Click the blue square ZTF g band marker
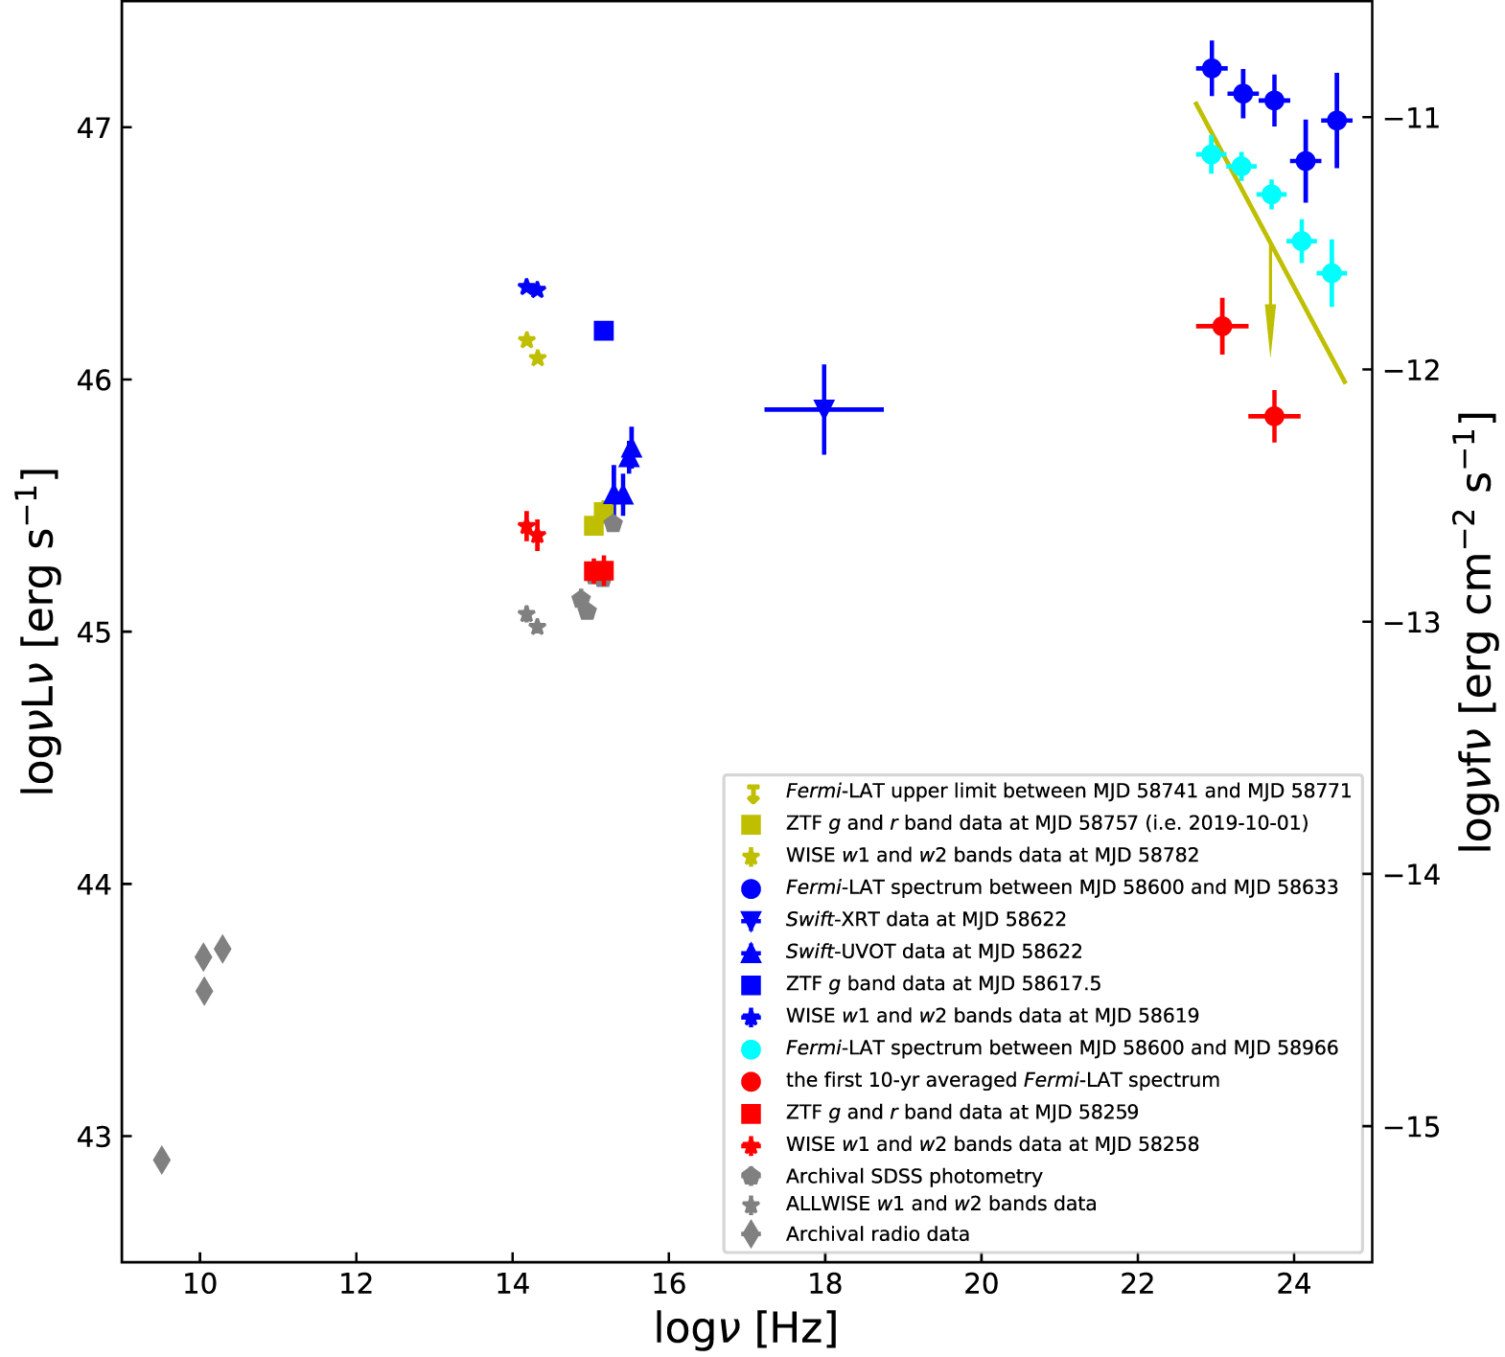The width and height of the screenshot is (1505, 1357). (x=603, y=331)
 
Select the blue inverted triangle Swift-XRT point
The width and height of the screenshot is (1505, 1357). (x=823, y=409)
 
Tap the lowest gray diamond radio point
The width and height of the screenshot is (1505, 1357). (x=162, y=1160)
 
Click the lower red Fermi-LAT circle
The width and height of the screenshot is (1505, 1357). (x=1274, y=416)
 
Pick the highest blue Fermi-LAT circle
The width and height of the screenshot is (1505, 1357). (x=1212, y=68)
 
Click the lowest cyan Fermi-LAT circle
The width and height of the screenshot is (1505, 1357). (x=1331, y=274)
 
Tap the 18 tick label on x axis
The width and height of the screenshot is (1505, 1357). (x=824, y=1284)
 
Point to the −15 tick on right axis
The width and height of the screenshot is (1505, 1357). (x=1409, y=1127)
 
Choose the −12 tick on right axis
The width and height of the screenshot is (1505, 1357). (x=1409, y=370)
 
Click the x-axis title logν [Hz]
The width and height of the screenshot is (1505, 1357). (x=746, y=1328)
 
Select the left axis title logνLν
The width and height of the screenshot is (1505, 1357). (x=38, y=632)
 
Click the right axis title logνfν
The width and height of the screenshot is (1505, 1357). (x=1477, y=632)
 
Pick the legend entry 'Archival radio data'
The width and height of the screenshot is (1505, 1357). (x=877, y=1234)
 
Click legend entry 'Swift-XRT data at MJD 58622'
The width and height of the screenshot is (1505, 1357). (x=925, y=920)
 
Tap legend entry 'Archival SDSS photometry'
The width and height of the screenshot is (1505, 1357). (x=914, y=1176)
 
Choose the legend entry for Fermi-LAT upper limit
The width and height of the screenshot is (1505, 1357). (x=1068, y=792)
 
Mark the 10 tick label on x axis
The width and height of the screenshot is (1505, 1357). (x=199, y=1284)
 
